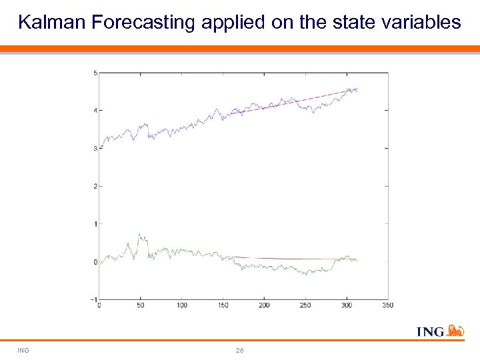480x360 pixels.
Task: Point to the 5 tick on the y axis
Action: coord(95,73)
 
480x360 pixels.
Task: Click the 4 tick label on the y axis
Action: coord(95,111)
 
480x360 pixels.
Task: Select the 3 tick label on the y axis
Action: coord(95,149)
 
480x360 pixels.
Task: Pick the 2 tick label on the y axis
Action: coord(95,186)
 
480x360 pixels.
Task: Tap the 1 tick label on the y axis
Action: coord(95,224)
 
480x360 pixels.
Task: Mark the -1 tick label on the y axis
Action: coord(94,299)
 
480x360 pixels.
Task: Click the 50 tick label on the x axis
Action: coord(140,305)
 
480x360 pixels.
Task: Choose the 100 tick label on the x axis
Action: coord(181,305)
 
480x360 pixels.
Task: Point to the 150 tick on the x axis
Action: coord(223,305)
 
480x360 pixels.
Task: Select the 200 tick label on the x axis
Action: coord(264,305)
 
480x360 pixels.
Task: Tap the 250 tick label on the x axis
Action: coord(305,305)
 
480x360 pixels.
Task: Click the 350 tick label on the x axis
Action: coord(388,305)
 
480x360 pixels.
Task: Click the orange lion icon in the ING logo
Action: coord(455,330)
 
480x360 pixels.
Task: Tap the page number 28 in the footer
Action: coord(240,350)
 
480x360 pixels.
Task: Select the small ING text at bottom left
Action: coord(23,350)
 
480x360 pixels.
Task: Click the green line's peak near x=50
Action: coord(139,235)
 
